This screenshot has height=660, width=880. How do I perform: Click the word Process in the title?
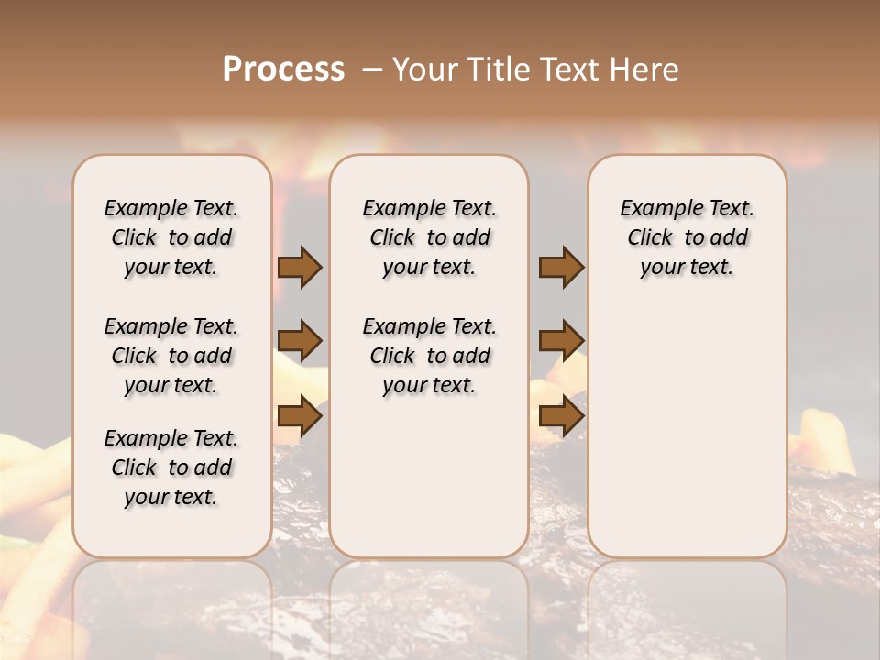tap(283, 70)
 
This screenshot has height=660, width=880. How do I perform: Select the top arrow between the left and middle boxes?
tap(300, 268)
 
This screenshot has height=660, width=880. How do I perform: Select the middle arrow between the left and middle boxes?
tap(300, 341)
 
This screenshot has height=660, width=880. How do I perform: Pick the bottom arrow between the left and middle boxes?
tap(300, 416)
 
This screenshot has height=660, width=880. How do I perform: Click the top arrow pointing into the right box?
tap(561, 268)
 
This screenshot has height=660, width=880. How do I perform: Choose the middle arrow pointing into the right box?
tap(561, 341)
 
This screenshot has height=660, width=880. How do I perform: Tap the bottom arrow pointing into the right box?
tap(561, 416)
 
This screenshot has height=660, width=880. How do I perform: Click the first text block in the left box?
tap(171, 237)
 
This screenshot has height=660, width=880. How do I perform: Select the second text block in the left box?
tap(171, 356)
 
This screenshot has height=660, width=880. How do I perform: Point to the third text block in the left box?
tap(171, 467)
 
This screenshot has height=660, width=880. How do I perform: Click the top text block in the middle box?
tap(429, 237)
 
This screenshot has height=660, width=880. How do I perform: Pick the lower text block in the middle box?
tap(429, 356)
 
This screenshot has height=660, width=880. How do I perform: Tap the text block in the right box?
tap(687, 237)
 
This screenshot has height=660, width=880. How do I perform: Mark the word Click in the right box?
tap(651, 238)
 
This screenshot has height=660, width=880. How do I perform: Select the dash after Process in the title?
tap(372, 70)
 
